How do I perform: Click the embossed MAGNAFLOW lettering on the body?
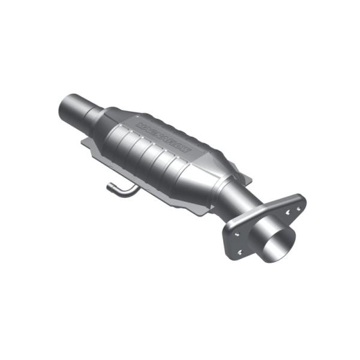163,139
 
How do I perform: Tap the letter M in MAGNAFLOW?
140,125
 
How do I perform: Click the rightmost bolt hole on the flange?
298,209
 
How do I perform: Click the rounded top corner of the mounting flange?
300,199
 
